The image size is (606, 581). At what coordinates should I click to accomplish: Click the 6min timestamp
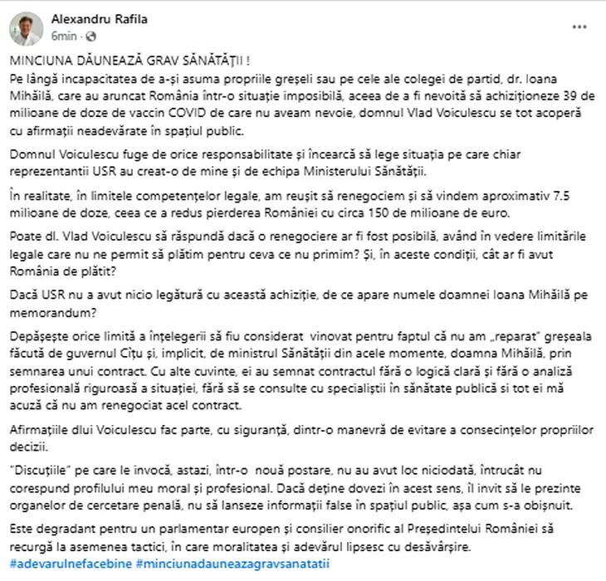click(x=64, y=37)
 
